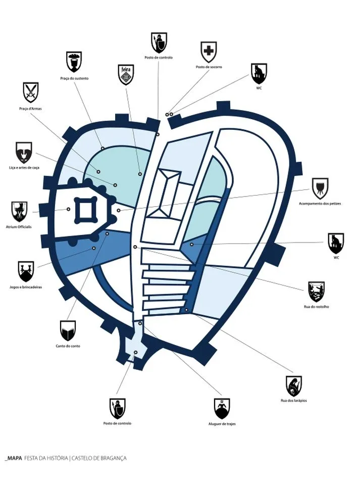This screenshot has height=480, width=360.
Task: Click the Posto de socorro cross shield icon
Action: (208, 51)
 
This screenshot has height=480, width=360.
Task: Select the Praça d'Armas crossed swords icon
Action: (30, 92)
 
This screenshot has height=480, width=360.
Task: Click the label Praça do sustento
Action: (74, 78)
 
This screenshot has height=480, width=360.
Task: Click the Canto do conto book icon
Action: (68, 330)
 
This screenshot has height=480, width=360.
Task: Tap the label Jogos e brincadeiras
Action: (25, 287)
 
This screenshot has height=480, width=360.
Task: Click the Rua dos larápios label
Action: (293, 401)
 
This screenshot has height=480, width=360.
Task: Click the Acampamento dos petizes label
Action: (320, 203)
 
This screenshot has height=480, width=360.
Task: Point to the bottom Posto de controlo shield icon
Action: (117, 408)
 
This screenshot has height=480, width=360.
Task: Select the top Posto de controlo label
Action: (159, 58)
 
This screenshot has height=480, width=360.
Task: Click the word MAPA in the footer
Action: (14, 458)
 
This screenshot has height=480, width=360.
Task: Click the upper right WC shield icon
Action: (259, 74)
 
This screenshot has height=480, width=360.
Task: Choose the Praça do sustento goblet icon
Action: (74, 61)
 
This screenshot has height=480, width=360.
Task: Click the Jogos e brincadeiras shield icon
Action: (25, 271)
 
